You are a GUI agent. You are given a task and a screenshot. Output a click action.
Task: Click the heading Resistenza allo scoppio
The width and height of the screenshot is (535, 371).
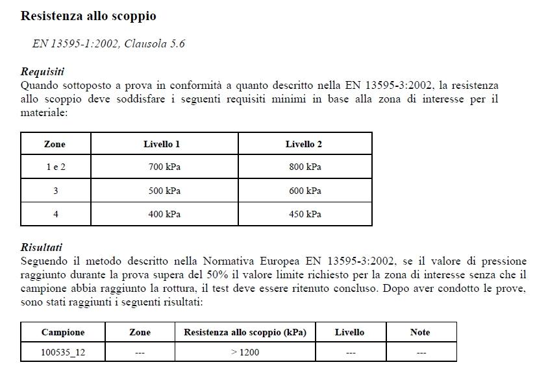point(88,16)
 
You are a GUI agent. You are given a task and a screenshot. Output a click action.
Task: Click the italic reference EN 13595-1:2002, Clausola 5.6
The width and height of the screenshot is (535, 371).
point(108,43)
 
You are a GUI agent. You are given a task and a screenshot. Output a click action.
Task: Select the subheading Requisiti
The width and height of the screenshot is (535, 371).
point(42,71)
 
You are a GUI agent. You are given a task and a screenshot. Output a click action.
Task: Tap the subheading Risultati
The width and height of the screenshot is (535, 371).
point(42,247)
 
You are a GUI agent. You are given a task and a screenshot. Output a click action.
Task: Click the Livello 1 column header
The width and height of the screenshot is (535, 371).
point(162,144)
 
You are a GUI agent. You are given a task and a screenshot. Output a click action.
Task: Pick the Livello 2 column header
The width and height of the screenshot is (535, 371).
point(304,144)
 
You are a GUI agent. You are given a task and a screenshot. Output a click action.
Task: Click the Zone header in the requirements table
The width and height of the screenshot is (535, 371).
point(55,144)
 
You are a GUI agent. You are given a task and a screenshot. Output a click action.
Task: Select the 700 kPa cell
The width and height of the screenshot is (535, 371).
point(164,167)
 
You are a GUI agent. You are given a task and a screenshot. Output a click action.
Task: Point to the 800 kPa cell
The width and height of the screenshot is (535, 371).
point(305,167)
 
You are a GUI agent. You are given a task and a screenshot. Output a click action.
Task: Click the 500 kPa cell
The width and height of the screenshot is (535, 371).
point(164,191)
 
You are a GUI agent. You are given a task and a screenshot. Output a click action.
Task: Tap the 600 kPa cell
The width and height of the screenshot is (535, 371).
point(305,191)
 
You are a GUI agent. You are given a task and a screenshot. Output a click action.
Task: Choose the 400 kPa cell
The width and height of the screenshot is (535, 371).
point(164,214)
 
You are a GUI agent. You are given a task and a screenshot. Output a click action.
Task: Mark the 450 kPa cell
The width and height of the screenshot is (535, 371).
point(305,214)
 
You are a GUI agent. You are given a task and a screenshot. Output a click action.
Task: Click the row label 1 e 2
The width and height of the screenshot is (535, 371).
point(56,167)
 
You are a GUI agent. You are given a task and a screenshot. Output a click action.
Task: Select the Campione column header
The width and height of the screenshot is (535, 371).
point(63,332)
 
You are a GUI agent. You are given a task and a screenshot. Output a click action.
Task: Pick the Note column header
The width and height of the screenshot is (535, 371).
point(420,332)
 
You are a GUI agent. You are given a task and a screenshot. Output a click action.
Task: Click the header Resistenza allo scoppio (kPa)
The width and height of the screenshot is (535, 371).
point(245,332)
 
